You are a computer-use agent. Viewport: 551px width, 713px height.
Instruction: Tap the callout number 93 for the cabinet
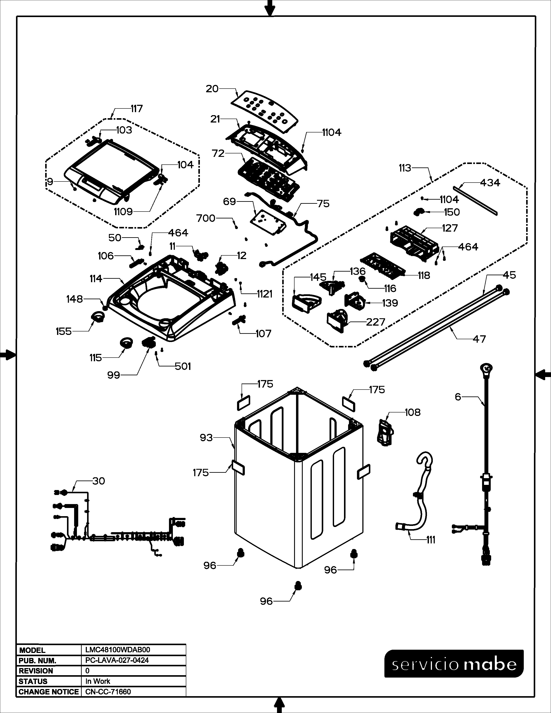tap(206, 438)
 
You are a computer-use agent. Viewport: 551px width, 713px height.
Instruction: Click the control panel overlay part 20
tap(264, 111)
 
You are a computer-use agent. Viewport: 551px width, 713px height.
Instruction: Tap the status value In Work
tap(98, 681)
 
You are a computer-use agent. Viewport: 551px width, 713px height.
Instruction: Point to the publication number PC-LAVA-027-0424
tap(117, 660)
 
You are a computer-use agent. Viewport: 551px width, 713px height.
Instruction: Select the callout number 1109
tap(123, 212)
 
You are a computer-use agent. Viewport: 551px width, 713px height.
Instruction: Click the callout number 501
tap(183, 366)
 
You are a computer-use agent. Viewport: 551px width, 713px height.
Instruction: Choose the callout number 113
tap(405, 168)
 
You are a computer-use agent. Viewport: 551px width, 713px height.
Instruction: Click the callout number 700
tap(206, 218)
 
